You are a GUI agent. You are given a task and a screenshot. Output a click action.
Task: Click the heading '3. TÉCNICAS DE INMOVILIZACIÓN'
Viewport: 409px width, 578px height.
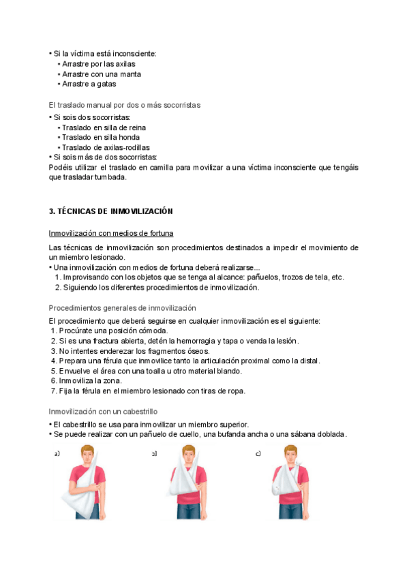click(111, 211)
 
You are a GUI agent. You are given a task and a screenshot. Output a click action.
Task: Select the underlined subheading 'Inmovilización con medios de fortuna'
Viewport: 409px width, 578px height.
click(111, 232)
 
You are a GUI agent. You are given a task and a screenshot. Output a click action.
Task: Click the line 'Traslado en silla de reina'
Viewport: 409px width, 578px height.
click(104, 127)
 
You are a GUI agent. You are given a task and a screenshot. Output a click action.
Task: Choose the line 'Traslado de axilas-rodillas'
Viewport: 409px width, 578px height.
click(106, 147)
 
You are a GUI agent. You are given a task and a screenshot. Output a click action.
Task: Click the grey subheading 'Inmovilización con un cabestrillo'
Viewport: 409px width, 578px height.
click(104, 412)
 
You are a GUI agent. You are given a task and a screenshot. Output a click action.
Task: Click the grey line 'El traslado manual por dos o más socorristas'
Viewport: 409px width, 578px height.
click(125, 106)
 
